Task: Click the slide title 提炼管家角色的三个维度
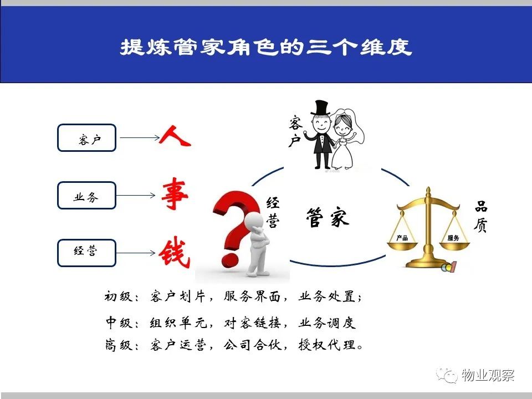pyautogui.click(x=267, y=47)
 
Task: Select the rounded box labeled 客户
pyautogui.click(x=87, y=138)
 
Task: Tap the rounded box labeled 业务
pyautogui.click(x=87, y=196)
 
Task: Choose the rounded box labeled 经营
pyautogui.click(x=87, y=253)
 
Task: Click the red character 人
pyautogui.click(x=175, y=136)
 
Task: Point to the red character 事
pyautogui.click(x=175, y=193)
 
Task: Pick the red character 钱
pyautogui.click(x=175, y=254)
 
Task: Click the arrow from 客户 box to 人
pyautogui.click(x=140, y=138)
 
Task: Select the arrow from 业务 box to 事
pyautogui.click(x=136, y=196)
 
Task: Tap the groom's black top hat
pyautogui.click(x=321, y=108)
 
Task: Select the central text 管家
pyautogui.click(x=328, y=217)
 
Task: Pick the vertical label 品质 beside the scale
pyautogui.click(x=481, y=216)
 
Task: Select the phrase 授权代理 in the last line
pyautogui.click(x=327, y=345)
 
